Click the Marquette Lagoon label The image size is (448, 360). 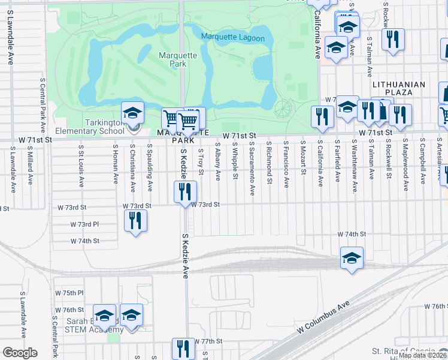pos(233,38)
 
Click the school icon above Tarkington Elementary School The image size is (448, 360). pos(133,113)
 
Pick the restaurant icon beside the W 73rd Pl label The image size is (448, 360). pos(136,220)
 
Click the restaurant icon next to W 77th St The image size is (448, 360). pos(183,349)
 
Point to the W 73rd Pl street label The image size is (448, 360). pos(84,224)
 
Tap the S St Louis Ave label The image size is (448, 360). pos(81,164)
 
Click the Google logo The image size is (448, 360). pos(20,353)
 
